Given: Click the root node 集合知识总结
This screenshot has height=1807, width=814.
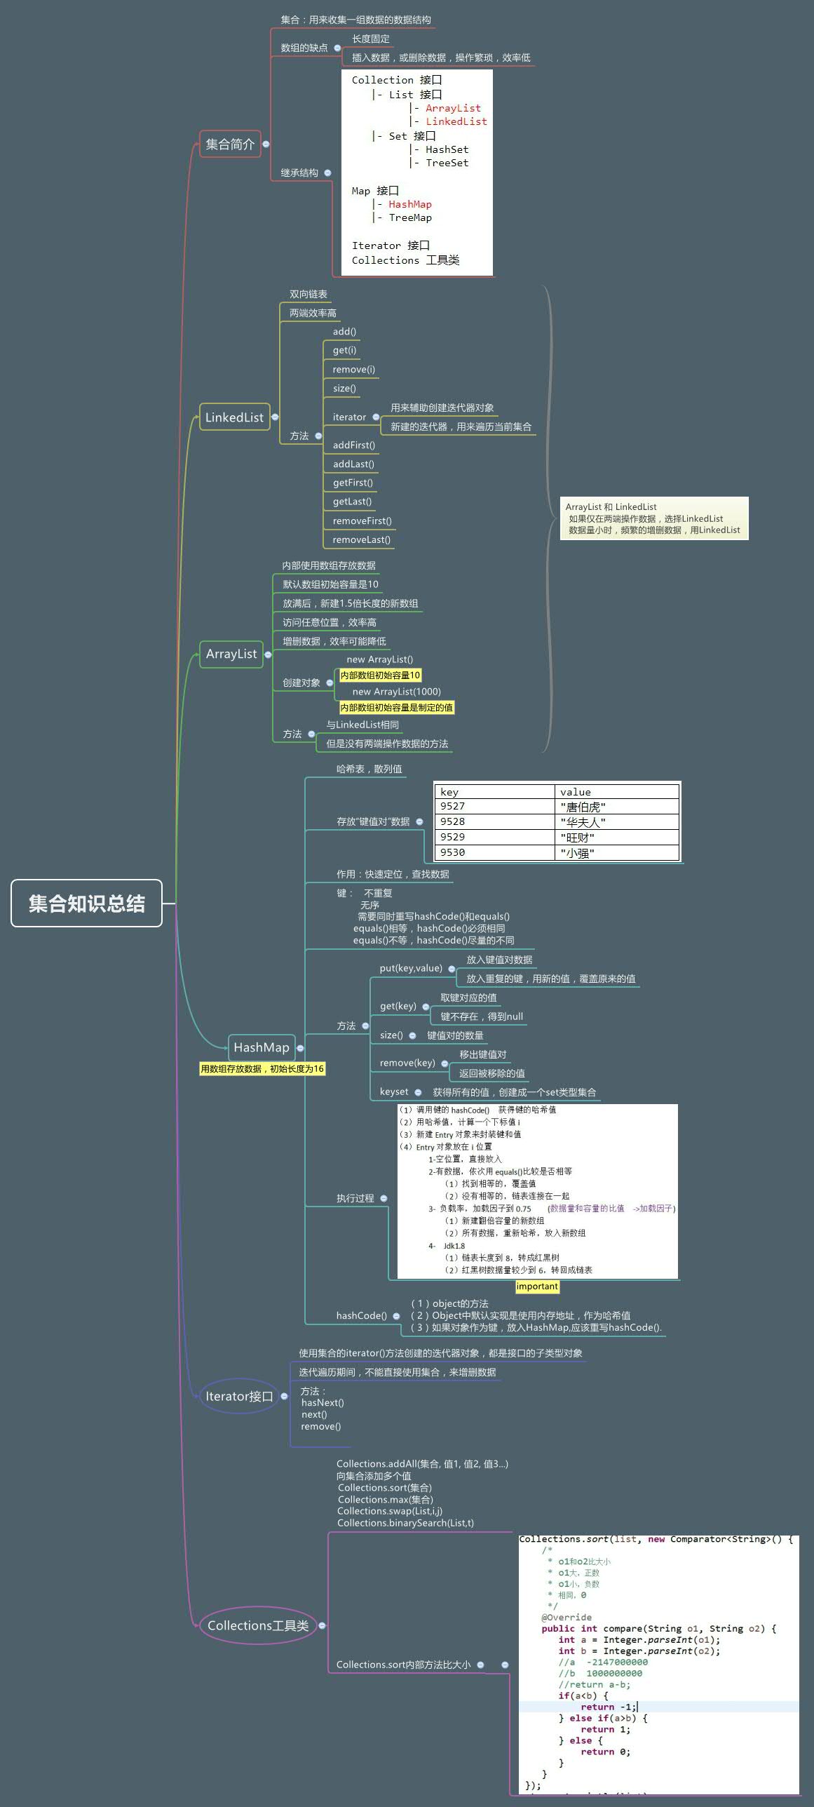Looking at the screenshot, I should [x=86, y=903].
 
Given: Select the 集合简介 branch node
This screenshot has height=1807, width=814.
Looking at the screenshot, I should [x=230, y=144].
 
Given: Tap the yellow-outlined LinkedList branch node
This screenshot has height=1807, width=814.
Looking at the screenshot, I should [x=234, y=417].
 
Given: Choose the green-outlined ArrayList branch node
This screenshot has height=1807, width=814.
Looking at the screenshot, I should [x=231, y=654].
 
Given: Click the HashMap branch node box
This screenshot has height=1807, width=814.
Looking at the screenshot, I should [x=261, y=1047].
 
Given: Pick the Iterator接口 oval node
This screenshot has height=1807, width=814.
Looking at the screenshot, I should [x=238, y=1396].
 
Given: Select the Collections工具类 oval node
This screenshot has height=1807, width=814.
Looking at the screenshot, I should [x=258, y=1625].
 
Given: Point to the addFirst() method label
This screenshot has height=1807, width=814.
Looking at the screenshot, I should [x=353, y=445].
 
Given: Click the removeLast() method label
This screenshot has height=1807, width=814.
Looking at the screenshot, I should [x=361, y=539].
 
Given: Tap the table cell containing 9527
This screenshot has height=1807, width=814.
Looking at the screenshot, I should [x=494, y=807].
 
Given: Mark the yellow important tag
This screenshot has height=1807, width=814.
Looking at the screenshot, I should [x=537, y=1287].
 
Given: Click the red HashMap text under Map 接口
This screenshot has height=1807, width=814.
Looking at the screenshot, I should [x=410, y=204].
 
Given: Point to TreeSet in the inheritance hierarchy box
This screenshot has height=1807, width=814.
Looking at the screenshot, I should [x=447, y=163].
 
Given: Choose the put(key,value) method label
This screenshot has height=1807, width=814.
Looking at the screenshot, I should [x=411, y=968].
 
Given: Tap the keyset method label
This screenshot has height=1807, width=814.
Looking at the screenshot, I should [x=394, y=1091].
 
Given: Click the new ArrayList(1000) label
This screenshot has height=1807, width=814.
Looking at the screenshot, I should [x=396, y=692].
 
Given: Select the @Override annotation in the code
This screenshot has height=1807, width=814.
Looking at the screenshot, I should [x=566, y=1618].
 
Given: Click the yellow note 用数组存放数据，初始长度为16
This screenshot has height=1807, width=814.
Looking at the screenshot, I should [x=262, y=1069].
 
